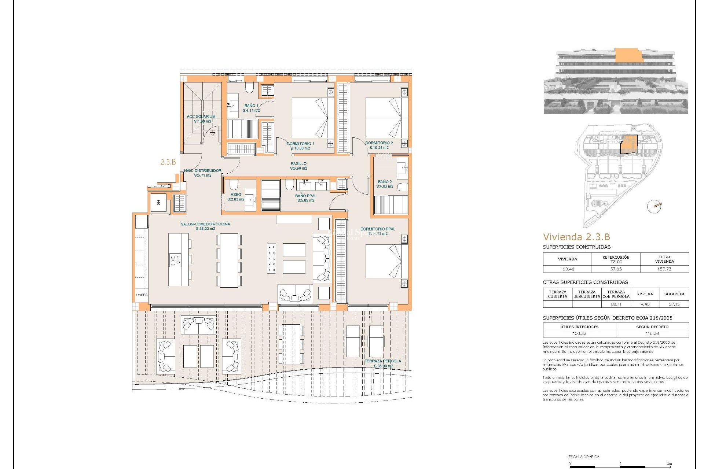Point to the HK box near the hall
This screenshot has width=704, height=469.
[158, 203]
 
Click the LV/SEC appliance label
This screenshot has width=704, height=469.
[142, 295]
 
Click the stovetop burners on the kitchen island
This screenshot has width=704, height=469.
[175, 260]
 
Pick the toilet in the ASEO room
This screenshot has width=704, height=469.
[234, 184]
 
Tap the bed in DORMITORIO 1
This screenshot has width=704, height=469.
[312, 118]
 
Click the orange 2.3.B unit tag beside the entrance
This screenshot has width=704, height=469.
[168, 162]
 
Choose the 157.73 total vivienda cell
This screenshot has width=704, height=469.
[664, 269]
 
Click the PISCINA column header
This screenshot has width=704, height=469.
[645, 294]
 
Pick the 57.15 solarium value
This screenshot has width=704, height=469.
[674, 304]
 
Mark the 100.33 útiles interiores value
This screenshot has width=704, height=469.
[579, 333]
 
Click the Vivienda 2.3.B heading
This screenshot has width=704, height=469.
[576, 237]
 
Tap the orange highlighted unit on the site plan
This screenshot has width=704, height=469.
[628, 144]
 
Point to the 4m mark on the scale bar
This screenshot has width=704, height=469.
[670, 464]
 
